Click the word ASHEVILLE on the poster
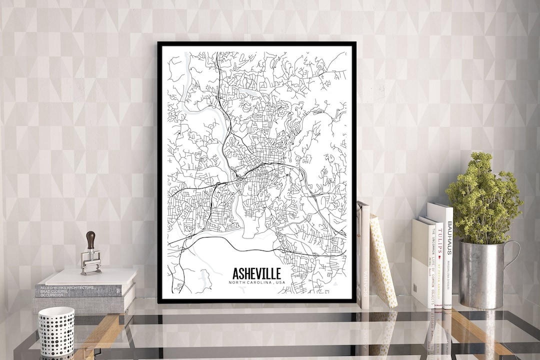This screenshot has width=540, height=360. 256,273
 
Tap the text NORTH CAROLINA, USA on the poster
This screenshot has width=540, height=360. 256,283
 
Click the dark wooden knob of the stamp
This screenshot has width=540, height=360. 90,239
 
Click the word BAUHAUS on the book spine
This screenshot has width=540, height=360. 449,237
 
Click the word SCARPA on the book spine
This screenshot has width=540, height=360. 365,285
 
